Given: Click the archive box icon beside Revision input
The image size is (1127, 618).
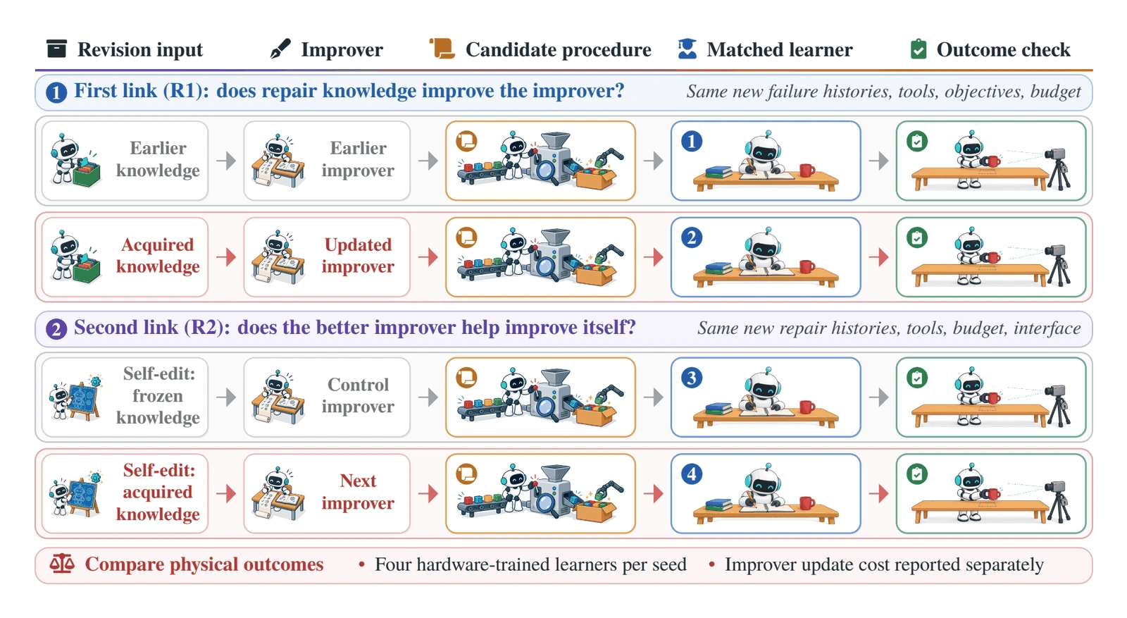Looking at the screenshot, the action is click(56, 49).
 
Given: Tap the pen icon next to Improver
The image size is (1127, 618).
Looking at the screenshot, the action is click(280, 49).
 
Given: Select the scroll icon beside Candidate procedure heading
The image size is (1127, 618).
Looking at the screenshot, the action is click(442, 49).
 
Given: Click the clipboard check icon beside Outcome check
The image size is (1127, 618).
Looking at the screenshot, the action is click(919, 49).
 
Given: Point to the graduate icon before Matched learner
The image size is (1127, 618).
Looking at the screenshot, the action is click(687, 49).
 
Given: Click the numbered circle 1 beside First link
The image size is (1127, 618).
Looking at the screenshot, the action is click(56, 92).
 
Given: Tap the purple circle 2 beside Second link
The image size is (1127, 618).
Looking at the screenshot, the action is click(56, 329).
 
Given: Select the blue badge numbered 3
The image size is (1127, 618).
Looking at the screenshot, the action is click(692, 378).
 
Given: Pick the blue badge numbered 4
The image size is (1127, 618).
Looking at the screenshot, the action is click(692, 474).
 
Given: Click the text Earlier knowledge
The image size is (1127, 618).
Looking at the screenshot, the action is click(158, 159).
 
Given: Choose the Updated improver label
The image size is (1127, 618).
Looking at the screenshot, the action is click(358, 255).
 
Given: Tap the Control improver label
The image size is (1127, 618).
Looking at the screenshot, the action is click(358, 395).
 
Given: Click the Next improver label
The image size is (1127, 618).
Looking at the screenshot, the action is click(358, 492).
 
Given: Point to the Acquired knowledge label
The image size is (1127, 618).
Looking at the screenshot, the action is click(158, 255).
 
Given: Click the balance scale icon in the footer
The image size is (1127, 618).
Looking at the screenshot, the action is click(62, 564).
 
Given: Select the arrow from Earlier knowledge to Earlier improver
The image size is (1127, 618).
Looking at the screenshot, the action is click(226, 161).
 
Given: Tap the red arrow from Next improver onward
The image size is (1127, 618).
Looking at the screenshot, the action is click(428, 494).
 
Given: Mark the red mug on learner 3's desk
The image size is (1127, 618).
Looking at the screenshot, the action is click(807, 406).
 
